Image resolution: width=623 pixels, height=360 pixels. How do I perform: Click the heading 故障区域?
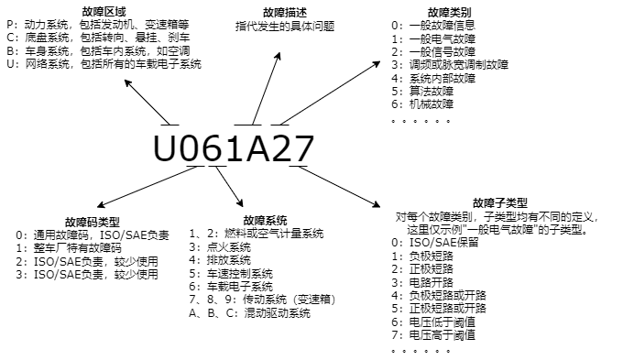[104, 12]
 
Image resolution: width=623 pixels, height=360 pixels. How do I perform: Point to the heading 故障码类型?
[93, 223]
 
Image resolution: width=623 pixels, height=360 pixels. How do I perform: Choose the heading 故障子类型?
[500, 203]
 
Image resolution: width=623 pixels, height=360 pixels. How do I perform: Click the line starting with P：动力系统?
[96, 26]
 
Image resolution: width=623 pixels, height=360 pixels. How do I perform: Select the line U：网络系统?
[103, 64]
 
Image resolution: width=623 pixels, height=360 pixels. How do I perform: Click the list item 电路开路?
[433, 282]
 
